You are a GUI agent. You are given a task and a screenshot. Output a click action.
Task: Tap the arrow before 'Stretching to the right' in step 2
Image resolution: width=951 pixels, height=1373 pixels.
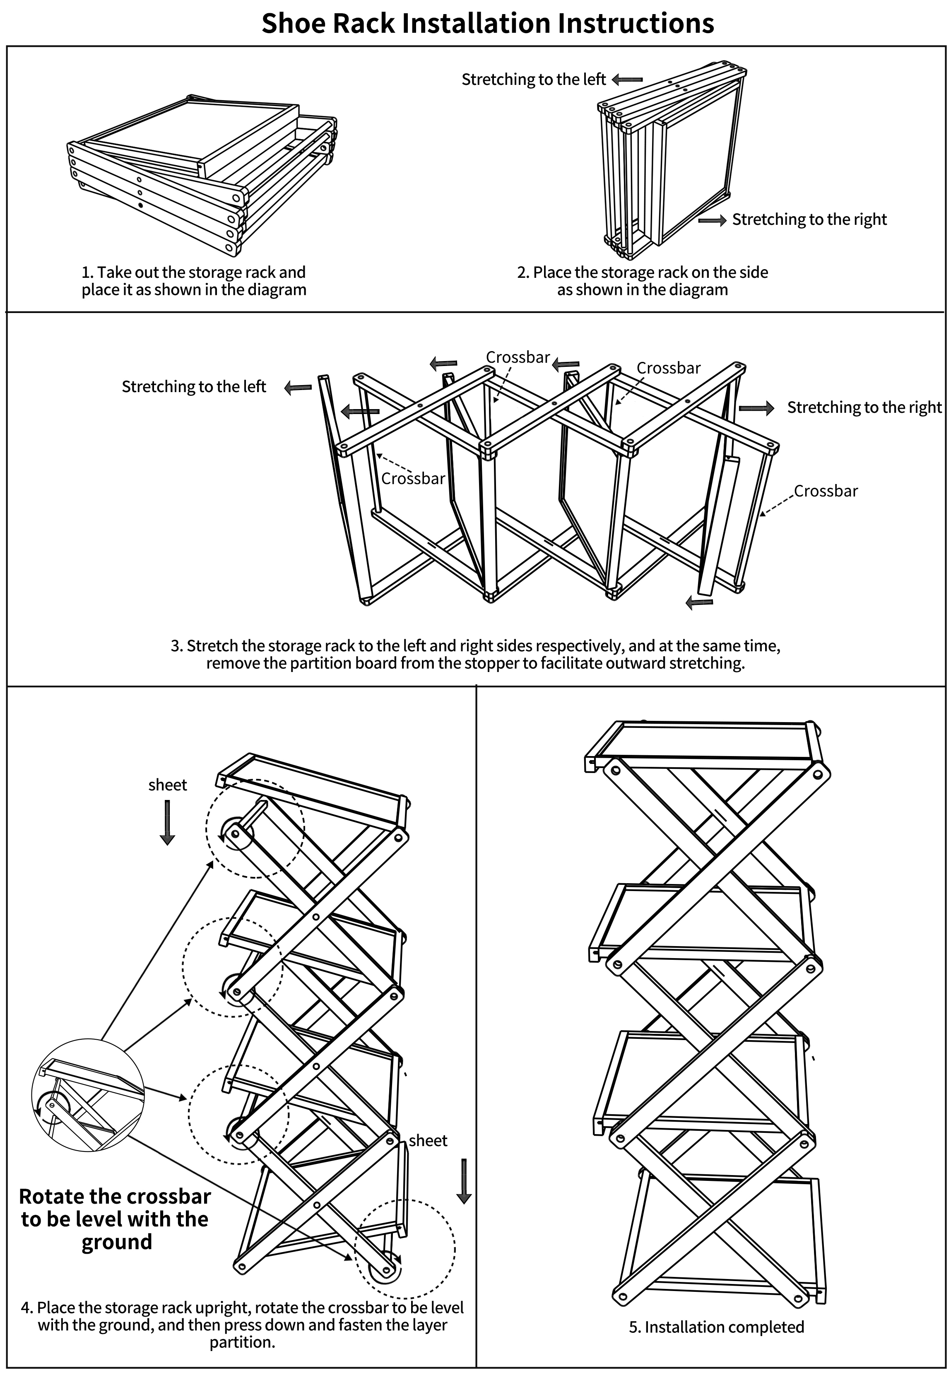point(712,221)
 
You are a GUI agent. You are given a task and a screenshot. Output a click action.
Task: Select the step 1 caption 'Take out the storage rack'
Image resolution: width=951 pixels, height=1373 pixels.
point(194,281)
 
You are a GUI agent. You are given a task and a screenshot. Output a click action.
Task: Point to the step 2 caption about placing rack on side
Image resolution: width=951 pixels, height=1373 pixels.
point(642,281)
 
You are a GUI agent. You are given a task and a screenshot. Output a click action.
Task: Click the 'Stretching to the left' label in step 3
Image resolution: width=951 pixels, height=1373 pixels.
point(194,387)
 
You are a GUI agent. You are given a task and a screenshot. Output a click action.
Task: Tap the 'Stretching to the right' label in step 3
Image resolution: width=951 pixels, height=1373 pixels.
point(864,407)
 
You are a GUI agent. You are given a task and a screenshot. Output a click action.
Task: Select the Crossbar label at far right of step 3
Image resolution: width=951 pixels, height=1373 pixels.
point(826,491)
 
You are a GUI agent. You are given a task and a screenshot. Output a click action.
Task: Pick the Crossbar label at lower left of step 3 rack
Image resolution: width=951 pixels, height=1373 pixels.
point(413,479)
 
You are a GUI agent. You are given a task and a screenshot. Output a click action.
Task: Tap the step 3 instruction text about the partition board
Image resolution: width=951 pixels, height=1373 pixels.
point(475,654)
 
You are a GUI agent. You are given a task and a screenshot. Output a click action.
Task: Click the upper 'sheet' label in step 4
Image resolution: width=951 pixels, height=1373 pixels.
point(167,785)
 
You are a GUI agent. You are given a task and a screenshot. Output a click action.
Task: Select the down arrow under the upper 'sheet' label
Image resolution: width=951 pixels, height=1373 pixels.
point(167,822)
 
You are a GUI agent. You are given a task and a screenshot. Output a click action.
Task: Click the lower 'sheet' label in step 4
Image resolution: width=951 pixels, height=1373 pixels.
point(428,1141)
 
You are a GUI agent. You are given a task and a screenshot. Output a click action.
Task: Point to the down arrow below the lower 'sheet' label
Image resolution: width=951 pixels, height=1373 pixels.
point(464,1181)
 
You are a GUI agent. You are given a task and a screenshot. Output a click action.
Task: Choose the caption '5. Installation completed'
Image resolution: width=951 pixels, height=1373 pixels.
point(716,1327)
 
